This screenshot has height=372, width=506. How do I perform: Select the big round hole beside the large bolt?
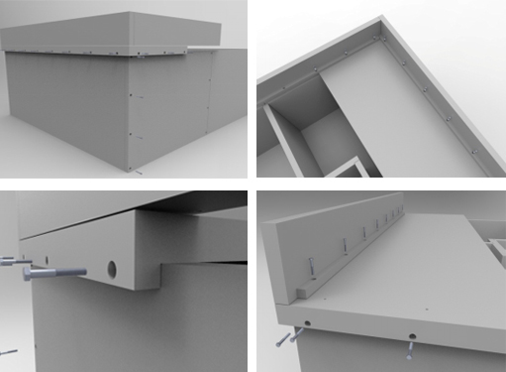tap(110, 269)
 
